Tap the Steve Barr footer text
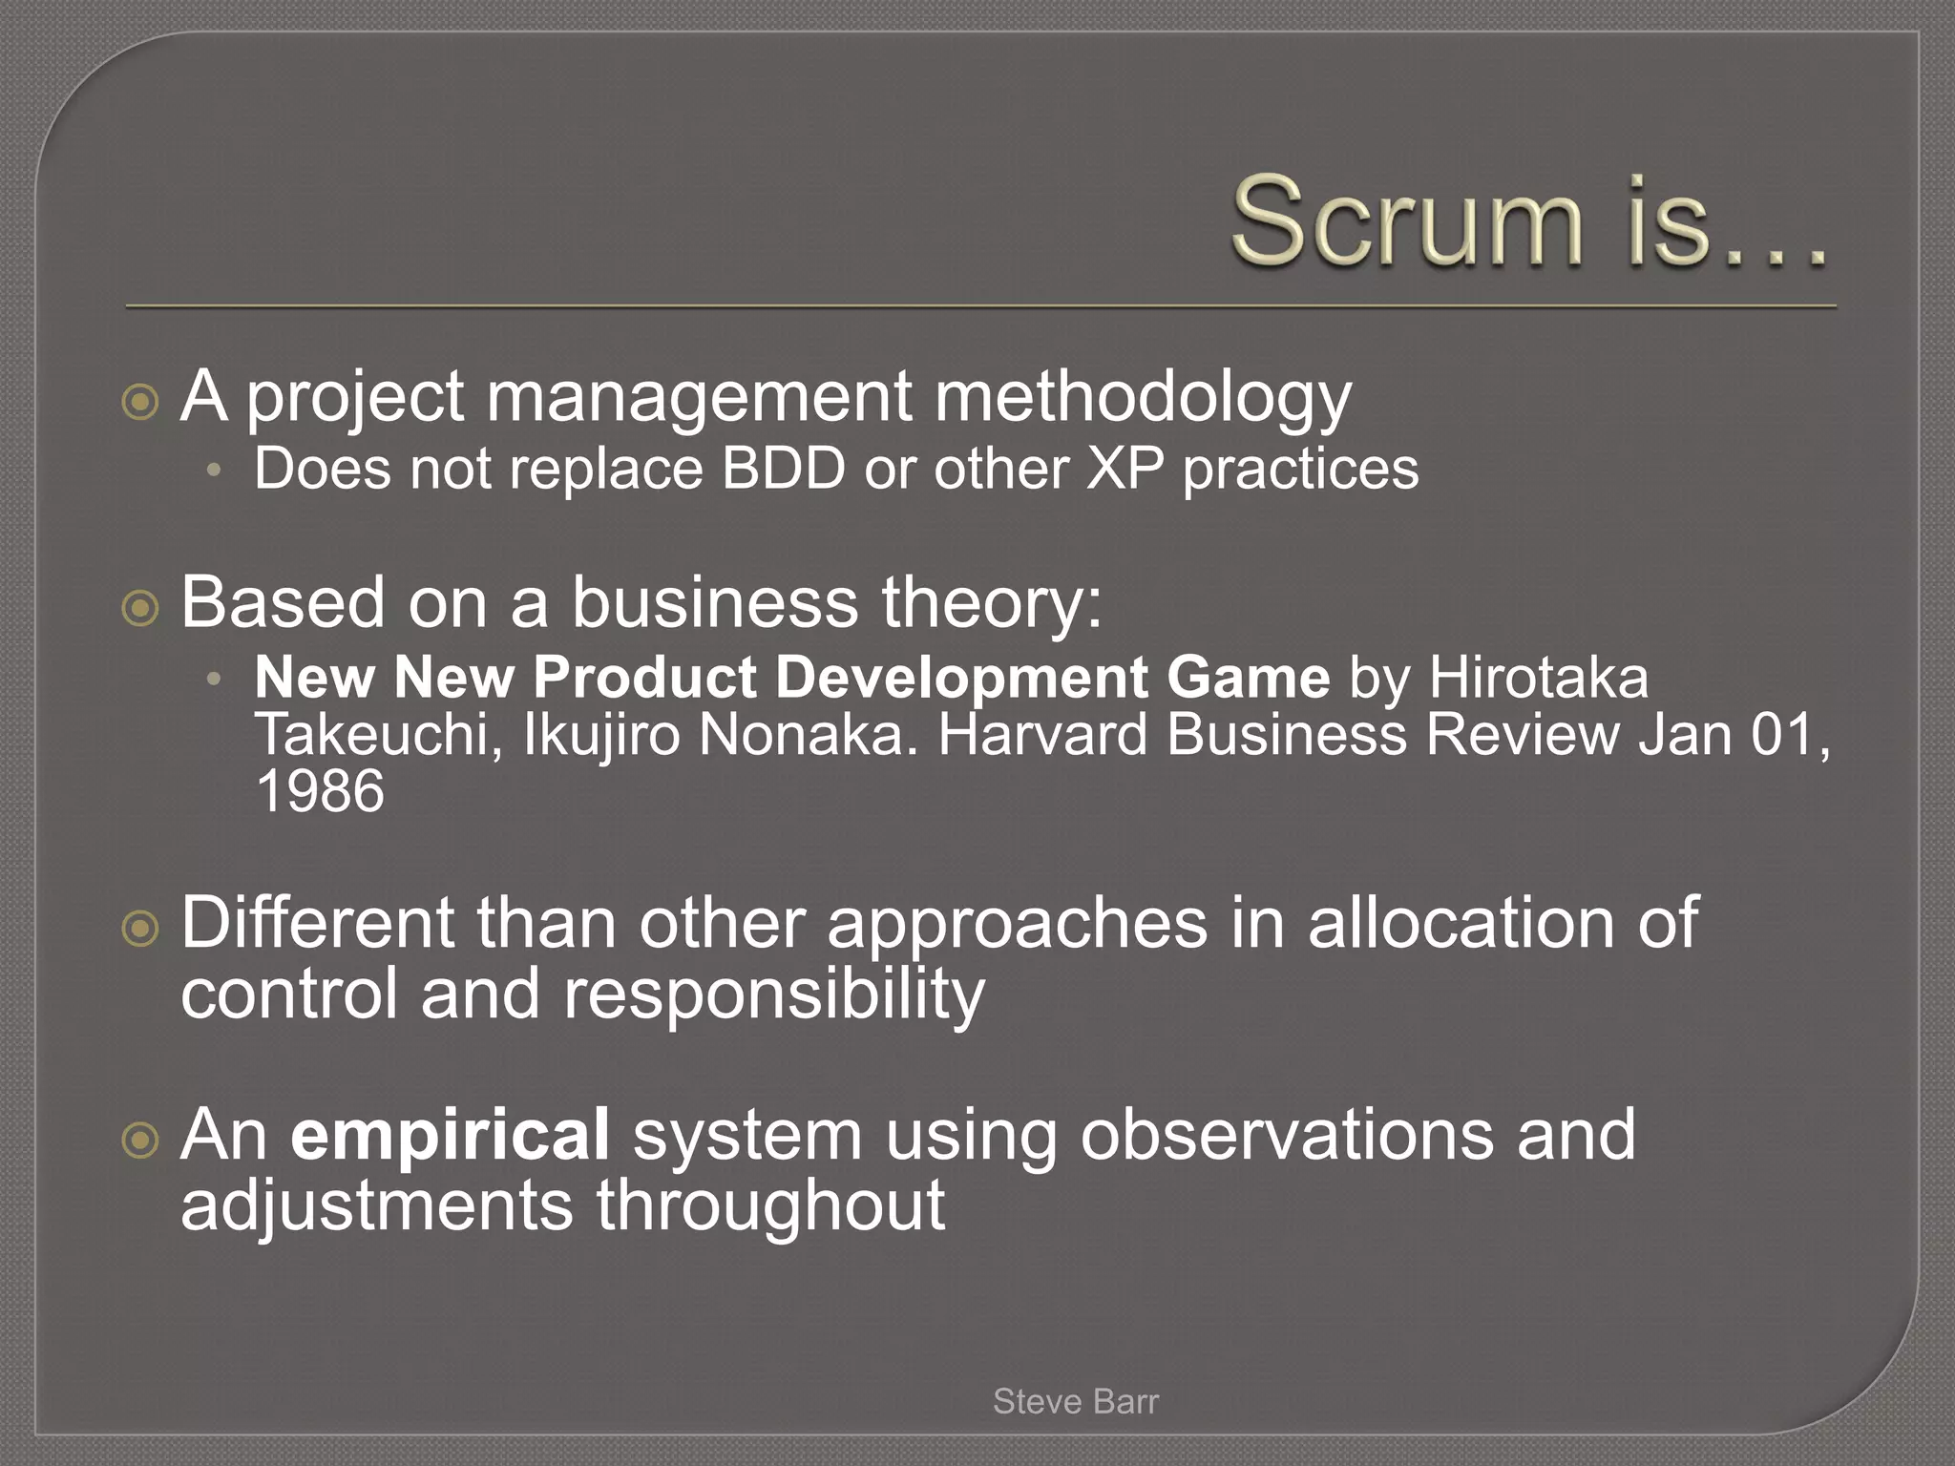point(1075,1401)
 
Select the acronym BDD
point(784,469)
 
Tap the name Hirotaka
point(1538,678)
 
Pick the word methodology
point(1142,397)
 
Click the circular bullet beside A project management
point(141,402)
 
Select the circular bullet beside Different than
point(141,927)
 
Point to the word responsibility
point(773,995)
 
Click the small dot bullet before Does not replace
point(215,471)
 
